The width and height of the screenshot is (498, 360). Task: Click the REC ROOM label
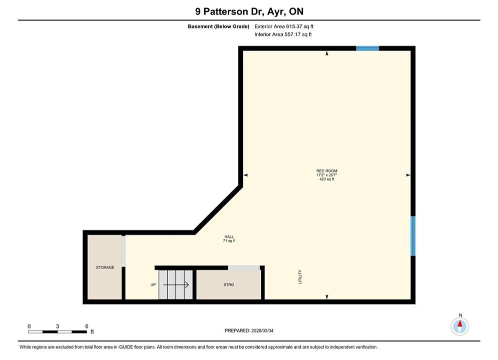pyautogui.click(x=326, y=171)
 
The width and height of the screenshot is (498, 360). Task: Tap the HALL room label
pyautogui.click(x=229, y=236)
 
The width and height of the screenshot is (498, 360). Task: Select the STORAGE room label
pyautogui.click(x=105, y=267)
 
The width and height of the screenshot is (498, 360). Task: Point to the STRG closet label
pyautogui.click(x=229, y=285)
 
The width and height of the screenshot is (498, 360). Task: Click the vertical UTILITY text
pyautogui.click(x=300, y=277)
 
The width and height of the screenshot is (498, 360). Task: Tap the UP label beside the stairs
pyautogui.click(x=153, y=285)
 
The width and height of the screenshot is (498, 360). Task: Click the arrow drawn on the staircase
pyautogui.click(x=176, y=285)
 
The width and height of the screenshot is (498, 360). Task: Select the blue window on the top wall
pyautogui.click(x=367, y=48)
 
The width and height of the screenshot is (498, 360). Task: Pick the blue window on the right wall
pyautogui.click(x=413, y=236)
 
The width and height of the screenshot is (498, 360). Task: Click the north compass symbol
pyautogui.click(x=460, y=326)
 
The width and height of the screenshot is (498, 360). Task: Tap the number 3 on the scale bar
pyautogui.click(x=58, y=326)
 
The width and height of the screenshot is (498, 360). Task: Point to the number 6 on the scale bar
pyautogui.click(x=87, y=326)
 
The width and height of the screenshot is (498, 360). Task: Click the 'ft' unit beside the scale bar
pyautogui.click(x=92, y=332)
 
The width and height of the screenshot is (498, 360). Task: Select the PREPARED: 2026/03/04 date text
pyautogui.click(x=249, y=330)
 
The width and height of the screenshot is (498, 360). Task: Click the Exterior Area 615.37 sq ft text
pyautogui.click(x=284, y=26)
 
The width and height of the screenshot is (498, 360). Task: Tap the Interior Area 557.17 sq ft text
pyautogui.click(x=283, y=34)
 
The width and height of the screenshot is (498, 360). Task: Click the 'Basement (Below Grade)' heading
pyautogui.click(x=219, y=26)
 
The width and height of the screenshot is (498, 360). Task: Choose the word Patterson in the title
pyautogui.click(x=226, y=11)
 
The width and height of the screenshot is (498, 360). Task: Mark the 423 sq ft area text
pyautogui.click(x=326, y=179)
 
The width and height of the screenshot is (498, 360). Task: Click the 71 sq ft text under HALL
pyautogui.click(x=229, y=240)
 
